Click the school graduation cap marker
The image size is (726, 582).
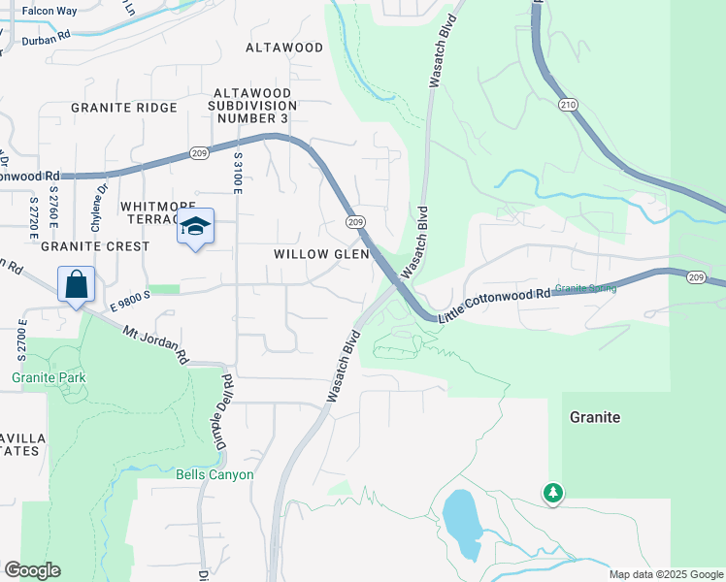pos(195,227)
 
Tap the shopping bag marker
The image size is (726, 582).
pos(77,285)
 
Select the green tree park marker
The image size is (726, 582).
pos(553,493)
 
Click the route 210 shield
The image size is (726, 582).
pos(569,104)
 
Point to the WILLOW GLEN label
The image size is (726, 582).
pos(321,254)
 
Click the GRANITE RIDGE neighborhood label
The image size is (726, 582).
pos(123,108)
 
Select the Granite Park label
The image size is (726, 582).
pos(49,377)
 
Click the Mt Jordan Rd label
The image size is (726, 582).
pos(155,344)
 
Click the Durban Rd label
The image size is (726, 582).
pos(45,33)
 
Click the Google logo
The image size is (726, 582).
pos(32,570)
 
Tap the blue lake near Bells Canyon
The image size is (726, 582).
pos(462,524)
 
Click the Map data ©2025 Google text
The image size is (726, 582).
pos(665,574)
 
